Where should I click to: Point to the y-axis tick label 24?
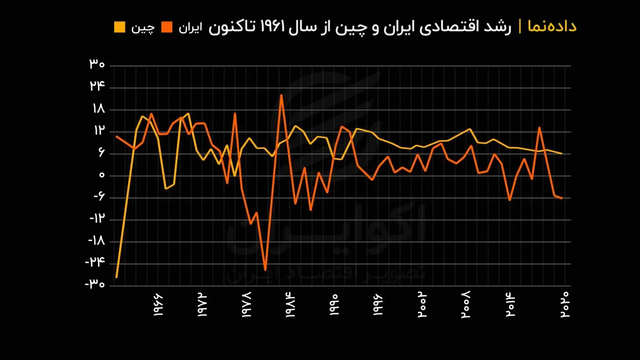click(x=97, y=86)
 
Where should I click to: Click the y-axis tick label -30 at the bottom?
click(x=95, y=285)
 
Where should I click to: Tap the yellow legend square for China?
click(x=120, y=27)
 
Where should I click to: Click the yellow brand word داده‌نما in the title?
click(x=552, y=26)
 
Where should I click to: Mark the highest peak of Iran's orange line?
click(x=281, y=95)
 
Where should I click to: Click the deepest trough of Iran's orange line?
click(x=265, y=270)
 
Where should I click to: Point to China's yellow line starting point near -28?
click(x=116, y=277)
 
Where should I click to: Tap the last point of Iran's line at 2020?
click(x=562, y=198)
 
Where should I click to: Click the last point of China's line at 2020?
click(x=562, y=154)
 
